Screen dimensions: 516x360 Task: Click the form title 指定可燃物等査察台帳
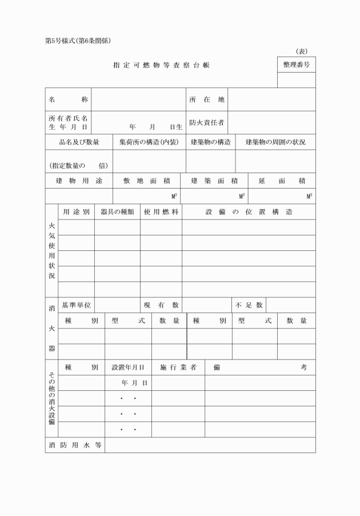pos(161,65)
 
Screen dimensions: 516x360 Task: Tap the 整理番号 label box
pos(296,65)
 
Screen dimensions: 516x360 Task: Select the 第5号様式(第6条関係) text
pos(77,41)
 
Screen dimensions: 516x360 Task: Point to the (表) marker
pos(302,51)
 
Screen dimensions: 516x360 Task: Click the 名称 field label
pos(68,99)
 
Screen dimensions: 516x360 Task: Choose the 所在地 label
pos(207,99)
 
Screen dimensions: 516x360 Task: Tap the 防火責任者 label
pos(207,122)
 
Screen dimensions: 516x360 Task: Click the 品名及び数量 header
pos(79,142)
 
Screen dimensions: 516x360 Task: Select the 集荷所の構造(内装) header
pos(149,142)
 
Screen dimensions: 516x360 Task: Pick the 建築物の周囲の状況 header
pos(275,142)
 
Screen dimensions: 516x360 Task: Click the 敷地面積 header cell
pos(147,181)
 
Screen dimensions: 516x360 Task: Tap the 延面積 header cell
pos(282,181)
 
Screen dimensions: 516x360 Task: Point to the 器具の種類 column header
pos(117,212)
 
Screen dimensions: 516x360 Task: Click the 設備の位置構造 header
pos(249,212)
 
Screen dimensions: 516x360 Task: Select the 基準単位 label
pos(77,305)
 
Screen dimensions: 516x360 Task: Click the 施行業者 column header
pos(178,367)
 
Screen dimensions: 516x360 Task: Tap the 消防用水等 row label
pos(75,445)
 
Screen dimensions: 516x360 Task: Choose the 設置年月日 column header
pos(128,367)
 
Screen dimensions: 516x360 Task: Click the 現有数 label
pos(161,305)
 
